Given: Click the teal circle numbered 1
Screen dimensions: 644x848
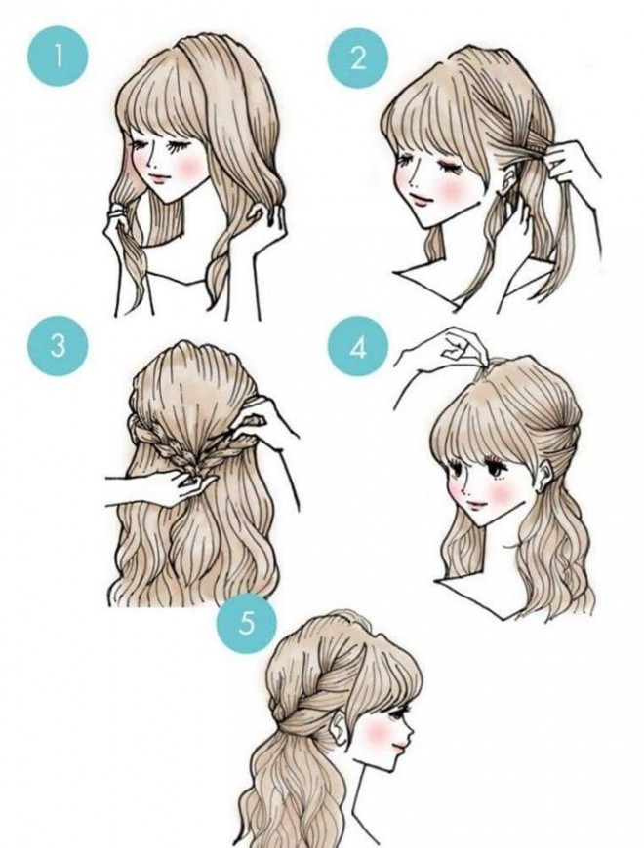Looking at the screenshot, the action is click(58, 57).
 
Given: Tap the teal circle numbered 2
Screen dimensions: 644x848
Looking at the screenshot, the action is click(358, 58).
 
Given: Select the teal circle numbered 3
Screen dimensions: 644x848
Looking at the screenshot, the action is click(58, 346).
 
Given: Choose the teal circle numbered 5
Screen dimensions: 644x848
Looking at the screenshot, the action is click(246, 624).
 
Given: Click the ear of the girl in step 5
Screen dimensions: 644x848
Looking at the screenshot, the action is click(340, 727).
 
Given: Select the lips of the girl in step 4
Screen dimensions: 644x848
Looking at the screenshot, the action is click(477, 505).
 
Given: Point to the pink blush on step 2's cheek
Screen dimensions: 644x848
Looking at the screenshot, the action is click(448, 188).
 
